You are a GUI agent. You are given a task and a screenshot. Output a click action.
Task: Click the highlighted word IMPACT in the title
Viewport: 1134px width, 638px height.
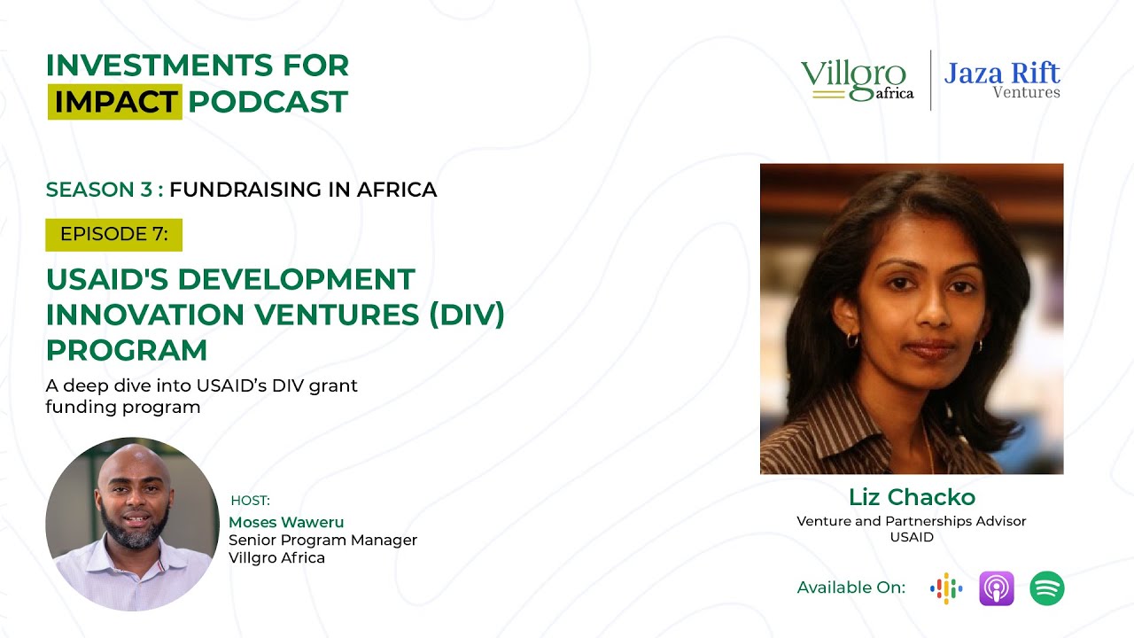[115, 102]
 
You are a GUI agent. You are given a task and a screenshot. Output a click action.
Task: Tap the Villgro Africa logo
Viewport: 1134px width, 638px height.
[857, 81]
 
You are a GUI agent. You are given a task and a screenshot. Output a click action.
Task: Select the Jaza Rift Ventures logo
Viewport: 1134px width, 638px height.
[1002, 79]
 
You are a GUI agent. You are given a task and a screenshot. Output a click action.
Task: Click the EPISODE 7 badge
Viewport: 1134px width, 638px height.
[113, 235]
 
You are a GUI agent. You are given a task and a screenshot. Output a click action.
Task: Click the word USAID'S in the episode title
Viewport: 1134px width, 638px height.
[106, 279]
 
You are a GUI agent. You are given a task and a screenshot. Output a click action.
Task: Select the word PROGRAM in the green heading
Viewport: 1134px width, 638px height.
[126, 350]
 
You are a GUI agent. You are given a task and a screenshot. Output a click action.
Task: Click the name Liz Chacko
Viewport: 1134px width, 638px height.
[912, 496]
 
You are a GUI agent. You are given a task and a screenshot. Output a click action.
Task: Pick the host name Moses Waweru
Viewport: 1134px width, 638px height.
[286, 522]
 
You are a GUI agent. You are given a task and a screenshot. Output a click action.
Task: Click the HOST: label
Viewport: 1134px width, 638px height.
[250, 501]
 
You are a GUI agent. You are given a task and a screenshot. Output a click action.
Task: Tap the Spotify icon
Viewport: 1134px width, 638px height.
[1046, 588]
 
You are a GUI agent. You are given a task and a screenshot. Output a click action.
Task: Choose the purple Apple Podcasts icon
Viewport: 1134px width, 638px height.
[996, 588]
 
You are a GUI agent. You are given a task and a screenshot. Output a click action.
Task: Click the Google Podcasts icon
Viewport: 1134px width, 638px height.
[946, 588]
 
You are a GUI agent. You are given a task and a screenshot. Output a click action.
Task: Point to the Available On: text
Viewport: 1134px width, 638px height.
[851, 587]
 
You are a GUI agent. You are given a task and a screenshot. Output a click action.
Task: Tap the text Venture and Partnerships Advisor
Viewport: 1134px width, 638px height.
[911, 521]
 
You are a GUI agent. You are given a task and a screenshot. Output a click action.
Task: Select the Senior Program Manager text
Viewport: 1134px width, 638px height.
[322, 540]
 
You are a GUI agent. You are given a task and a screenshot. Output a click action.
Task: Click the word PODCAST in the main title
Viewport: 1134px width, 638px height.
[268, 102]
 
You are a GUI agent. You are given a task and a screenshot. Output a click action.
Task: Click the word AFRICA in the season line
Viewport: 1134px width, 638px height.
[397, 190]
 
